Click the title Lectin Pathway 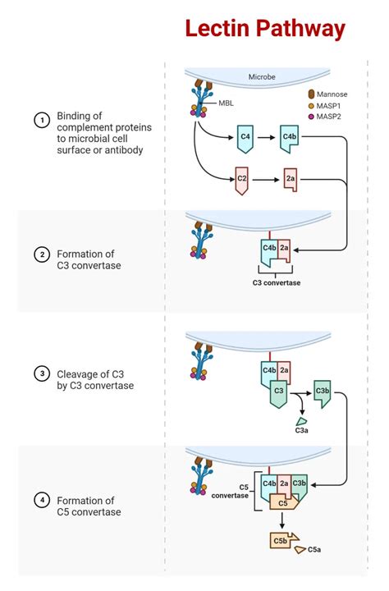(264, 29)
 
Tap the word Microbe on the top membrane (263, 77)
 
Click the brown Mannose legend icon (311, 94)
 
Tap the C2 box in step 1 (242, 178)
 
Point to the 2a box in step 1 (290, 178)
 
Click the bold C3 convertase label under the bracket (276, 283)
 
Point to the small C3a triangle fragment (301, 419)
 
